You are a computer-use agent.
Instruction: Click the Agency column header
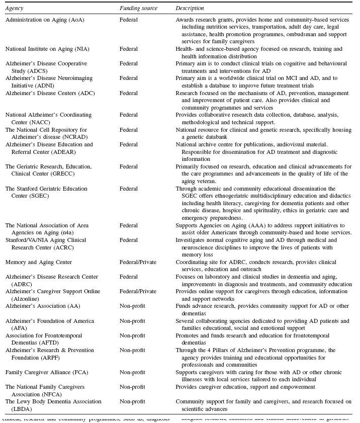coord(14,9)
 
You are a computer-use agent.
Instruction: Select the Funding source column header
coord(138,9)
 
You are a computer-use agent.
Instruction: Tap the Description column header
coord(190,9)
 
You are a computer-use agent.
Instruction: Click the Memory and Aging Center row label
coord(39,262)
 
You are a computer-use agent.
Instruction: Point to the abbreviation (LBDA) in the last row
coord(17,409)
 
